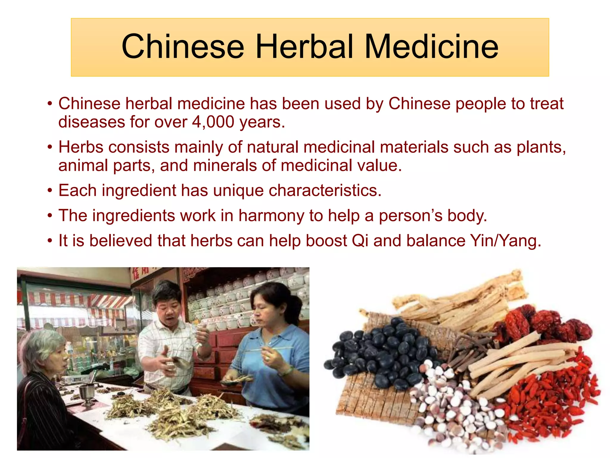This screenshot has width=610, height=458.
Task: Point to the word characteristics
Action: coord(325,190)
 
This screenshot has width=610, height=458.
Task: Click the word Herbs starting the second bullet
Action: coord(81,147)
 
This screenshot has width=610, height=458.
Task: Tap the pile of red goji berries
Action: coord(551,400)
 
